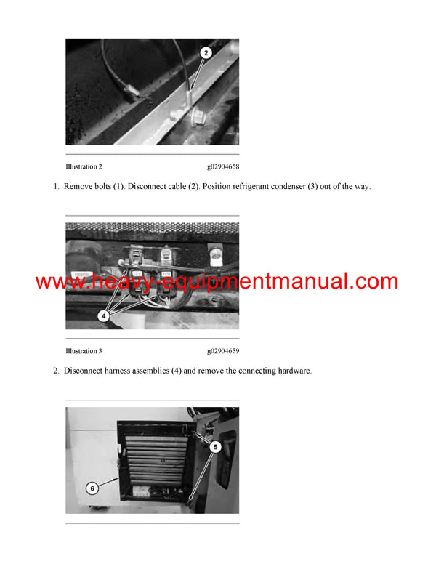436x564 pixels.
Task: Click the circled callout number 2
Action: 206,52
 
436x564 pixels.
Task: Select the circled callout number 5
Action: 215,447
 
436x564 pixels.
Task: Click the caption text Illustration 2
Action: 84,166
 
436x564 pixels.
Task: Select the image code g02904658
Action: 222,166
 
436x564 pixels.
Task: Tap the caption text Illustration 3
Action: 84,351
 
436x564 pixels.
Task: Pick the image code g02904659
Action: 222,351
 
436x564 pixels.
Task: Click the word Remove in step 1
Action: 78,187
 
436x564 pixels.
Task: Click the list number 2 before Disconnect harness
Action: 55,371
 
